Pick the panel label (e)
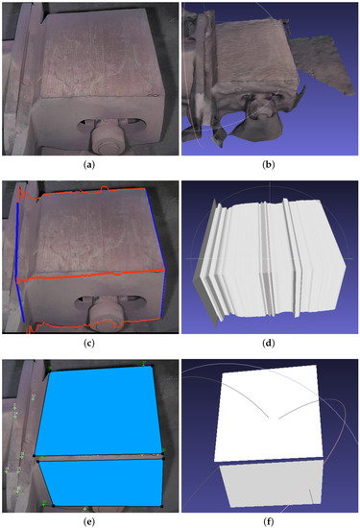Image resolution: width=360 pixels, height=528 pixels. coord(89,519)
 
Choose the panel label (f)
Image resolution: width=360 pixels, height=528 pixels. coord(270,519)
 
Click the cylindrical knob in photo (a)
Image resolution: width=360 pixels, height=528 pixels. coord(106,137)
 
